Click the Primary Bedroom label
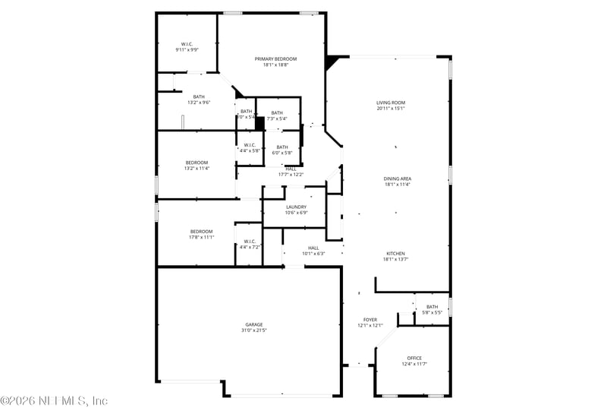pos(275,59)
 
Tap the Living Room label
pos(391,103)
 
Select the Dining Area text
pos(397,178)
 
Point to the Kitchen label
pos(395,254)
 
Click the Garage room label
pos(253,325)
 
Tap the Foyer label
pos(370,320)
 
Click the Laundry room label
pos(296,207)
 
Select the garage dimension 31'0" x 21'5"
pos(253,331)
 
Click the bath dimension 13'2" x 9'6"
pos(199,103)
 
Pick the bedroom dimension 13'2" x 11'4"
pos(197,169)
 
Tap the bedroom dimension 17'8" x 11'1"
pos(201,237)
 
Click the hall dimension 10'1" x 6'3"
pos(313,254)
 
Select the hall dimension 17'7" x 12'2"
pos(291,175)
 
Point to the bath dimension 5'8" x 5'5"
pos(432,313)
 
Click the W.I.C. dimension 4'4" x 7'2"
pos(250,248)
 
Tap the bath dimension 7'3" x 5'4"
pos(277,118)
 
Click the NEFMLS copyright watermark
pos(54,400)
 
